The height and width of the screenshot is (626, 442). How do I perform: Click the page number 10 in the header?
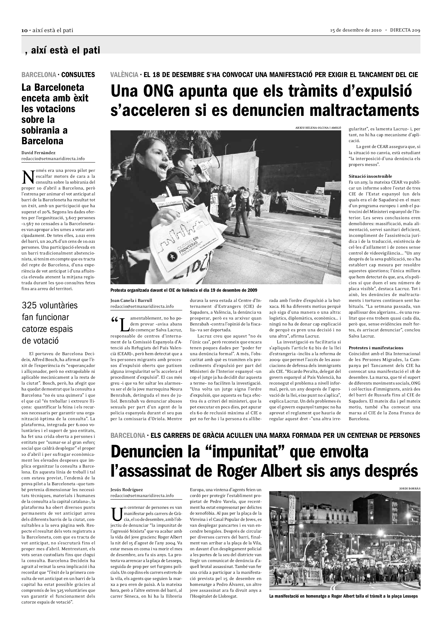[x=25, y=31]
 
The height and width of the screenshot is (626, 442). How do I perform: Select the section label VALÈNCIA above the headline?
[x=124, y=75]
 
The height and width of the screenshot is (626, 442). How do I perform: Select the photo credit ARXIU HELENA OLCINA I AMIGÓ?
[x=318, y=128]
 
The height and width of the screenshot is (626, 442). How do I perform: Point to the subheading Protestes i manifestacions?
[x=376, y=348]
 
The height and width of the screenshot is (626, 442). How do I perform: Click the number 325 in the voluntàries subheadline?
[x=29, y=305]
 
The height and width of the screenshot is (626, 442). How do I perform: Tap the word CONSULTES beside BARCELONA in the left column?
[x=78, y=75]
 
